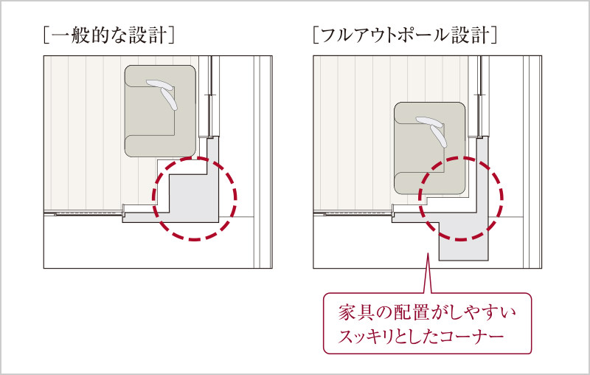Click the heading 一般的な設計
tap(109, 35)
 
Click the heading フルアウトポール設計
tap(405, 35)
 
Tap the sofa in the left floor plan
tap(160, 111)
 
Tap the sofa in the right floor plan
tap(429, 148)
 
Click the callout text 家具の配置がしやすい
tap(428, 313)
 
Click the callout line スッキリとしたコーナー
tap(420, 336)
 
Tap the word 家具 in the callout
tap(355, 313)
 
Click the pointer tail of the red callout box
tap(428, 273)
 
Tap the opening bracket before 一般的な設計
tap(46, 35)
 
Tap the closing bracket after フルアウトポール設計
tap(494, 35)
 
